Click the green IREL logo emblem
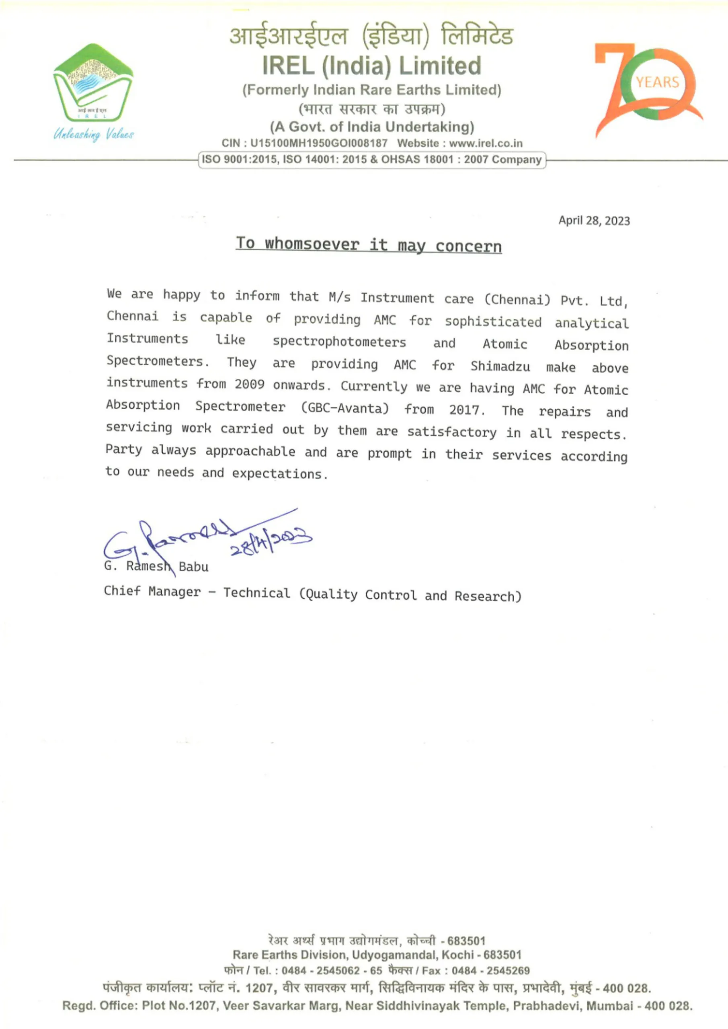coord(93,83)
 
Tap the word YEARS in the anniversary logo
coord(657,82)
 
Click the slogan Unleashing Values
coord(93,134)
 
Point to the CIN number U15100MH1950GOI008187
coord(319,143)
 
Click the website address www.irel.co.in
coord(486,143)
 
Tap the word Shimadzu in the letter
coord(500,366)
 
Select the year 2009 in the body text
coord(249,385)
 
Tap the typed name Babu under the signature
coord(194,567)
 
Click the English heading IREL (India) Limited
coord(371,66)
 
